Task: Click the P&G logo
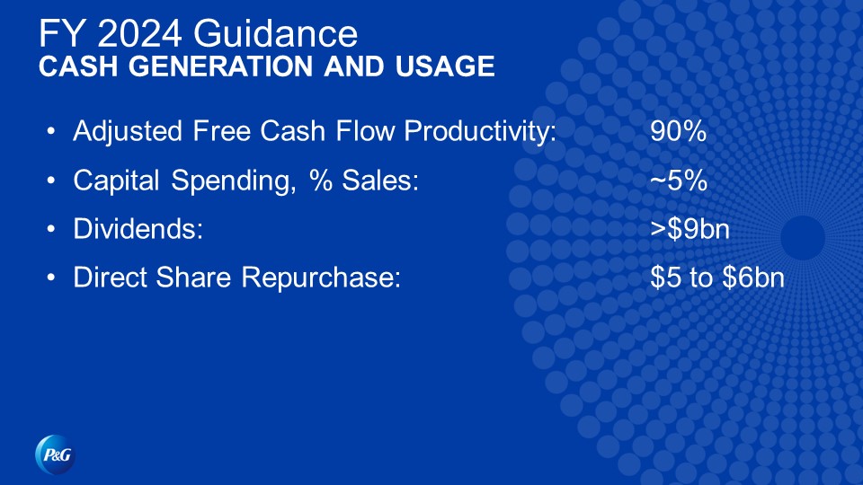(x=55, y=454)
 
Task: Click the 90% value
(x=678, y=131)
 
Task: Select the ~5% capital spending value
(x=679, y=181)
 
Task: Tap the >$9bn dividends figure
(x=690, y=229)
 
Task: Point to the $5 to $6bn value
(x=717, y=278)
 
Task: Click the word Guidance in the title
(x=275, y=33)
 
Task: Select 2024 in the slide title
(x=140, y=33)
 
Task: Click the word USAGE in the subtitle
(x=445, y=66)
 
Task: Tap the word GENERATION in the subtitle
(x=221, y=66)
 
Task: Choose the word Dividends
(x=138, y=229)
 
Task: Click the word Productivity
(x=480, y=132)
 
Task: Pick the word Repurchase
(x=321, y=278)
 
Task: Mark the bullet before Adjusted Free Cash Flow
(x=51, y=131)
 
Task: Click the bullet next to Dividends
(x=51, y=229)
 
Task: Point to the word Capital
(x=116, y=181)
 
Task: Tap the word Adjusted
(x=127, y=132)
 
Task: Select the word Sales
(x=380, y=181)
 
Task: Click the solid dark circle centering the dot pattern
(x=803, y=237)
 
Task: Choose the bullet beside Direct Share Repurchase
(x=51, y=278)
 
